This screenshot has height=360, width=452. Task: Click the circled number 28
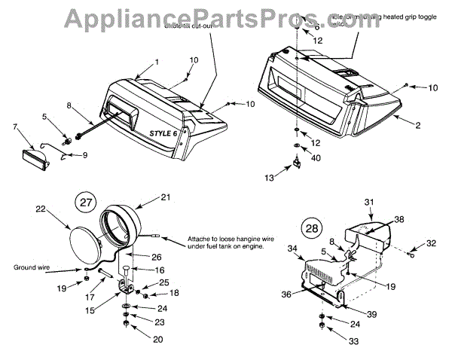(x=310, y=227)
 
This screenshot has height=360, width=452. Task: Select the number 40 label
(x=316, y=157)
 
